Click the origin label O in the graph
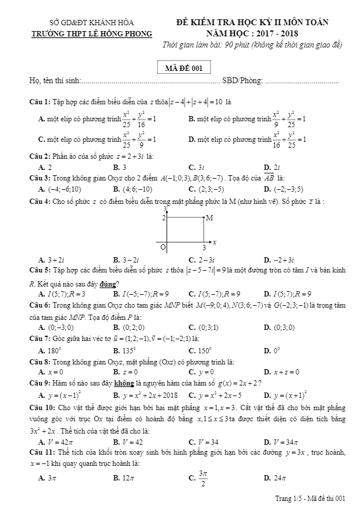point(163,247)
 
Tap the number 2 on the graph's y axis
point(164,218)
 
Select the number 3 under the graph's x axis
point(204,248)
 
